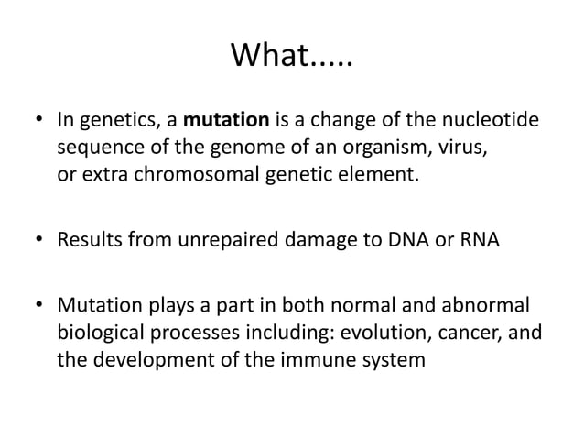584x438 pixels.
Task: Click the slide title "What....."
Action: click(x=292, y=57)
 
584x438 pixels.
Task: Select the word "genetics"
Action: click(x=113, y=121)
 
